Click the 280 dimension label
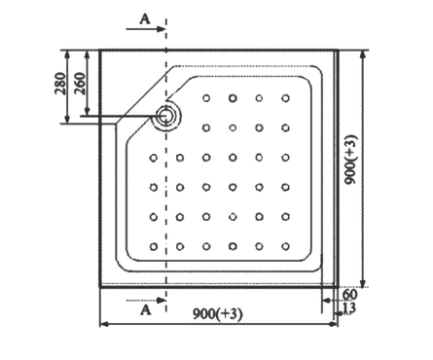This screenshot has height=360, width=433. click(60, 84)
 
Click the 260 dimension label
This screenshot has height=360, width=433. click(80, 84)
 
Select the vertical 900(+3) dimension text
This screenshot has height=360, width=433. click(351, 160)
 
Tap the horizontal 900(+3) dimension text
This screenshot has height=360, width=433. click(218, 314)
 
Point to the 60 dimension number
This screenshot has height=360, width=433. click(349, 295)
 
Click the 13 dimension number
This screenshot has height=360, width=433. click(349, 307)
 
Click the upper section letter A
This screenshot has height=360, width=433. click(145, 18)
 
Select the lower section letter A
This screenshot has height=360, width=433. click(146, 310)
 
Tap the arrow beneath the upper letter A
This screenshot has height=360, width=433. click(146, 29)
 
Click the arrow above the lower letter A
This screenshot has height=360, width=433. click(146, 301)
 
